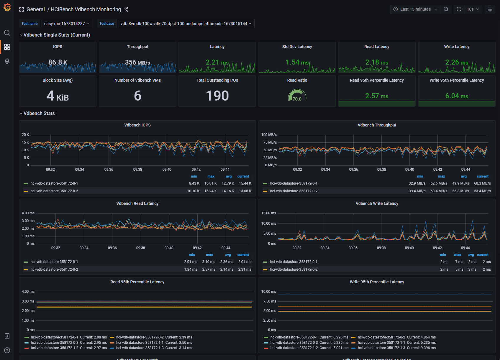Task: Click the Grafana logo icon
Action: coord(7,7)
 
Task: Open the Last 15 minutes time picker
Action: coord(415,9)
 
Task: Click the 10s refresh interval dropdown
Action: coord(473,9)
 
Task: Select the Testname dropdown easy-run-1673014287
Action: coord(67,24)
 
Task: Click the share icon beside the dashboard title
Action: coord(126,9)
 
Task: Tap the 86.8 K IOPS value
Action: coord(58,62)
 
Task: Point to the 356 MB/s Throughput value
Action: coord(137,62)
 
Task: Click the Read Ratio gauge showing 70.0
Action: coord(297,96)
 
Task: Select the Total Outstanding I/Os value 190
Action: coord(217,96)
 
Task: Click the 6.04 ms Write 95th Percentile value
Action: coord(456,96)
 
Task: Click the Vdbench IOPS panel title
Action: coord(137,125)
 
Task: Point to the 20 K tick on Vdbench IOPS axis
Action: coord(25,135)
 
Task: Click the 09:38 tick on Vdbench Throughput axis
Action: coord(381,170)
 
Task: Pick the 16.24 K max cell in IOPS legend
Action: coord(211,191)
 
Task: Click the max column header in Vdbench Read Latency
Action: coord(209,255)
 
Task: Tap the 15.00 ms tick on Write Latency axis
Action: coord(268,213)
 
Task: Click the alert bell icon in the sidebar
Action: coord(7,61)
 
